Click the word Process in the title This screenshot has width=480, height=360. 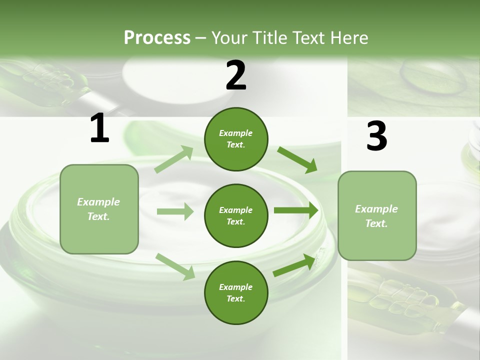tap(157, 37)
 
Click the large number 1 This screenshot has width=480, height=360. tap(99, 128)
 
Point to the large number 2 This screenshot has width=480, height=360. tap(236, 75)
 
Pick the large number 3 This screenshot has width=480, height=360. tap(376, 136)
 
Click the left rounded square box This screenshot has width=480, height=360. tap(99, 209)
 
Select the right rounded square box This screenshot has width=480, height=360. tap(377, 215)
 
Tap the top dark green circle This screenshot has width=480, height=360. tap(236, 138)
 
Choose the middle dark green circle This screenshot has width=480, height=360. tap(236, 215)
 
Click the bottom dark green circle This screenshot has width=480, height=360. tap(236, 292)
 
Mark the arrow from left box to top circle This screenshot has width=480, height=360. tap(174, 159)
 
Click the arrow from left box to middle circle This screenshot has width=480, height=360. tap(175, 211)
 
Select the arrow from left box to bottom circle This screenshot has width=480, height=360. tap(175, 266)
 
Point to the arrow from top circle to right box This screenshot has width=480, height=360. tap(297, 159)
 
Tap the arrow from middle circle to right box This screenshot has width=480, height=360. tap(295, 210)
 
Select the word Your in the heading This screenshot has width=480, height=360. tap(229, 37)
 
